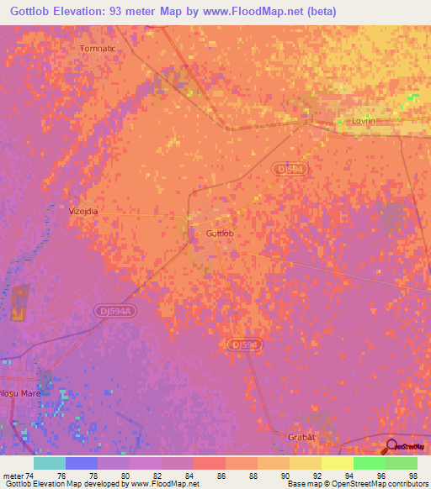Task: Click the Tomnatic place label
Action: (97, 49)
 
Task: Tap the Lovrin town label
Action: (364, 121)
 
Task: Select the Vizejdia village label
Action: (83, 212)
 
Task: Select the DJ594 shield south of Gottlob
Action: (245, 344)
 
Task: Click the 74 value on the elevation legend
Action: (30, 476)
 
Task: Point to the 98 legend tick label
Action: (412, 476)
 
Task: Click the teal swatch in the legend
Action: (50, 463)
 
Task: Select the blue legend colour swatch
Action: (82, 463)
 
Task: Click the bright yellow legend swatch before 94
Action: (337, 463)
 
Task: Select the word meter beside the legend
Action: (13, 476)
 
